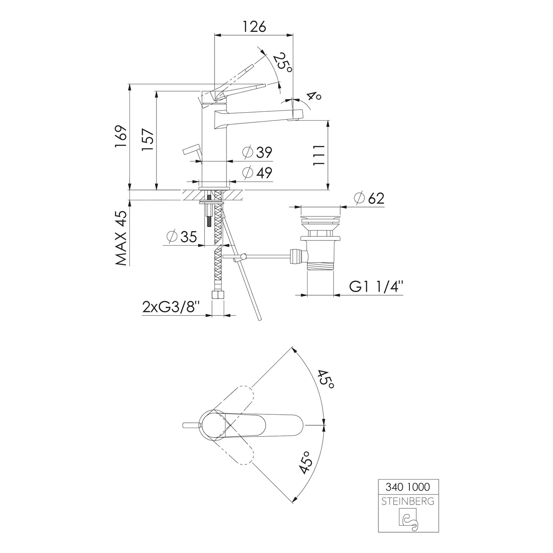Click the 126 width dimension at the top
click(x=254, y=27)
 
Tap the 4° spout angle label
click(x=314, y=97)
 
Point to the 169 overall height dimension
click(x=121, y=137)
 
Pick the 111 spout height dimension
click(x=319, y=155)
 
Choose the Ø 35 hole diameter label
click(x=182, y=236)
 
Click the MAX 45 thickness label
click(x=121, y=238)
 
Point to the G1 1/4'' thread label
click(x=376, y=287)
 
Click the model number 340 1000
click(x=408, y=487)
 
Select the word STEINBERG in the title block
click(x=408, y=502)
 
